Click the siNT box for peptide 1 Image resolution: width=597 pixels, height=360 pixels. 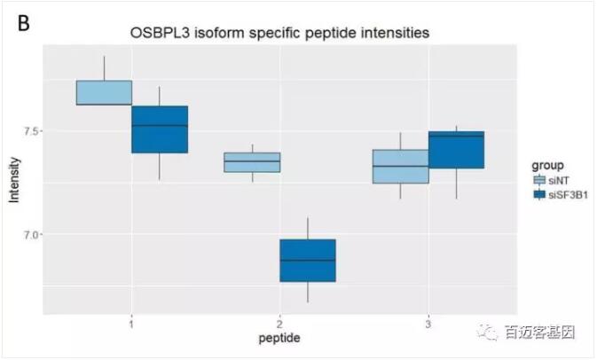click(x=104, y=92)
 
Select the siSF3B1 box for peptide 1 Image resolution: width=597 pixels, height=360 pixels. click(x=160, y=129)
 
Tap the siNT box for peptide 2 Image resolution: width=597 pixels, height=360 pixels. click(x=252, y=162)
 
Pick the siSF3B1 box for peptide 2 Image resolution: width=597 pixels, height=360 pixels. click(x=308, y=261)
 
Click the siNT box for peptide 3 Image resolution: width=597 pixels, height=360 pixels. click(x=400, y=167)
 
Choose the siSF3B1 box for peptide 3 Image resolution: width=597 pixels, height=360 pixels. click(x=456, y=150)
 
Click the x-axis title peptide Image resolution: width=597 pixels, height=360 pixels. click(x=279, y=338)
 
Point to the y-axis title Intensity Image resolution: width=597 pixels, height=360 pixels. click(x=13, y=178)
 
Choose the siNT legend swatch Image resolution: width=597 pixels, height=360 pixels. click(x=538, y=180)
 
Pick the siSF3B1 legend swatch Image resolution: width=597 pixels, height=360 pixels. click(x=538, y=195)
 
